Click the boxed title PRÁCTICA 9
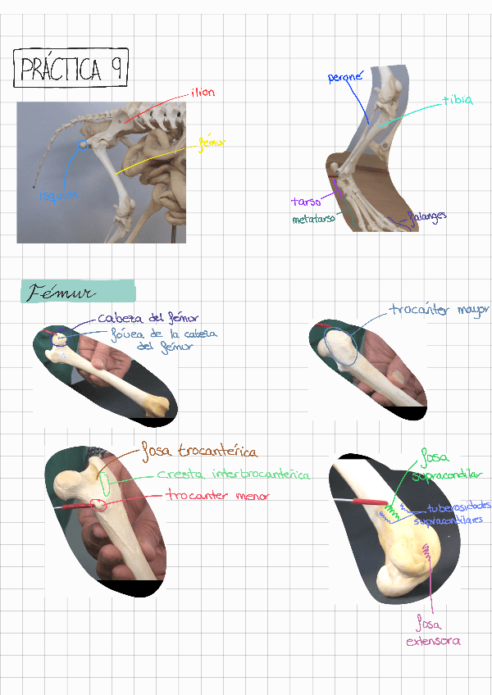point(71,69)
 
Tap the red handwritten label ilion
point(203,93)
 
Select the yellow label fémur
point(212,143)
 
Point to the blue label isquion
point(59,195)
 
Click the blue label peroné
point(345,77)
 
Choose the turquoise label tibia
point(458,100)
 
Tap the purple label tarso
point(306,201)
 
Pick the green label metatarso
point(314,220)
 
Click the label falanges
point(427,216)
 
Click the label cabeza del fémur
point(148,318)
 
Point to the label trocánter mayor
point(439,311)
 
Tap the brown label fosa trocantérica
point(199,451)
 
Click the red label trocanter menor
point(217,496)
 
